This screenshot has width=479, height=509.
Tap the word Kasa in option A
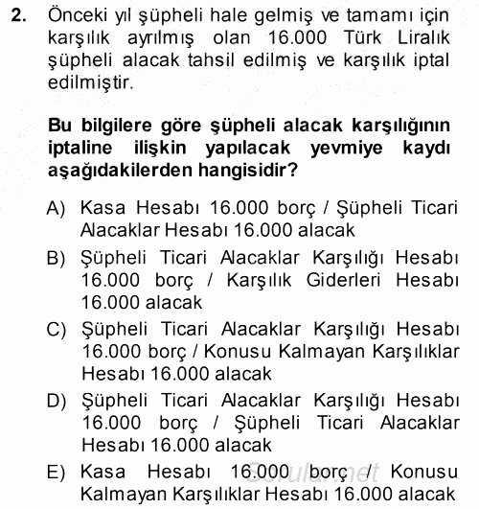click(x=103, y=207)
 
